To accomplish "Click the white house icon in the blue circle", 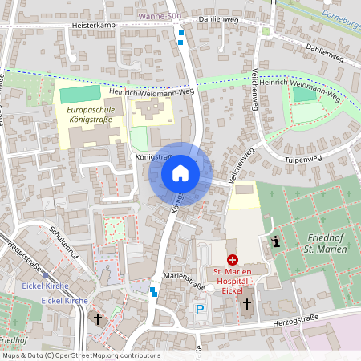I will pyautogui.click(x=180, y=173).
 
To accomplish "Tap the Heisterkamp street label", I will pyautogui.click(x=95, y=26).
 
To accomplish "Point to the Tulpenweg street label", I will pyautogui.click(x=298, y=160).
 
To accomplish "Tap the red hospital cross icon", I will pyautogui.click(x=233, y=260).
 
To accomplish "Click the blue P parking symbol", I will pyautogui.click(x=200, y=308).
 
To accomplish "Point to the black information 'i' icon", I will pyautogui.click(x=275, y=241).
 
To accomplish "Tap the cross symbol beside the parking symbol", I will pyautogui.click(x=247, y=304).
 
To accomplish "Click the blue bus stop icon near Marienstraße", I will pyautogui.click(x=153, y=290).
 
